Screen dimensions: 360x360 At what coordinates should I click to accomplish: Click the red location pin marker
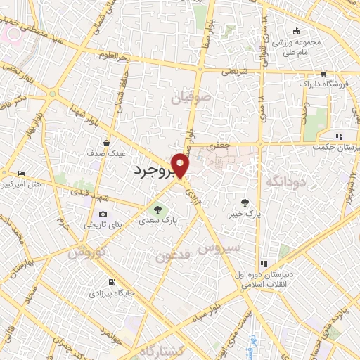pos(181,165)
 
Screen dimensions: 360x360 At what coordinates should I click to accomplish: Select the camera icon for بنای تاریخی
pos(103,214)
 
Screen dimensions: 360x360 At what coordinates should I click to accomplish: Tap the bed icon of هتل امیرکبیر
pos(21,173)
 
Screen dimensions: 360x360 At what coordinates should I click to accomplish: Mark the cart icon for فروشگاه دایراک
pos(323,73)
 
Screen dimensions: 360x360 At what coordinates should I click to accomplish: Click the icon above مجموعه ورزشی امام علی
pos(296,30)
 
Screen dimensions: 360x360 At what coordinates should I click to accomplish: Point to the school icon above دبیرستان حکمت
pos(338,136)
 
